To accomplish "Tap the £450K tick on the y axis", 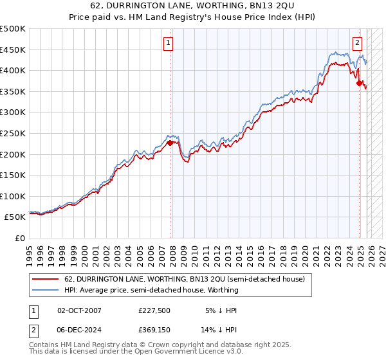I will point(13,50).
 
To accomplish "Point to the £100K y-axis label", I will point(13,196).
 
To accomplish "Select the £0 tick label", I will point(21,239).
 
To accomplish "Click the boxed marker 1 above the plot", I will point(167,43).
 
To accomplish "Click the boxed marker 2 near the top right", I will point(357,43).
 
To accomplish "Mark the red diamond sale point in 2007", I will point(170,143).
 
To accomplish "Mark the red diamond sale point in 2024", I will point(359,82).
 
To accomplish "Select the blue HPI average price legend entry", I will point(151,290).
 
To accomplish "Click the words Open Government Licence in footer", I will point(179,353).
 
